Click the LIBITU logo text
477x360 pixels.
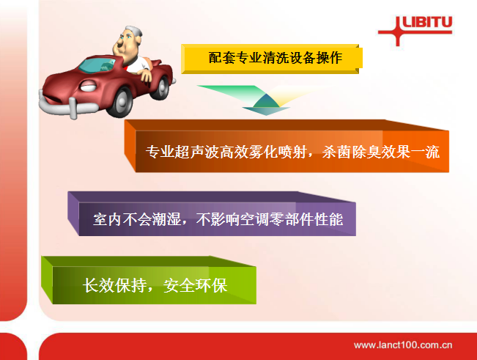tap(427, 22)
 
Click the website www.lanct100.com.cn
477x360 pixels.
tap(403, 345)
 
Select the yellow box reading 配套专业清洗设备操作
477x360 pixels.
tap(272, 59)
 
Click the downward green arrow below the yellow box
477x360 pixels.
tap(266, 100)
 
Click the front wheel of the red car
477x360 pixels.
tap(120, 102)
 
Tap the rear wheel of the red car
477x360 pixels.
tap(161, 87)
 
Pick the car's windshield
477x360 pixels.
tap(97, 65)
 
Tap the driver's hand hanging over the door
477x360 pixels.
tap(146, 75)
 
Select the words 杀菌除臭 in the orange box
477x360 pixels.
tap(352, 152)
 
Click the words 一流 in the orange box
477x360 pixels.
tap(425, 152)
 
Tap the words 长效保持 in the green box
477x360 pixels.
tap(114, 286)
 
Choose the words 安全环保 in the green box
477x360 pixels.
tap(196, 286)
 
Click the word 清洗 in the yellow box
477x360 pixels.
tap(276, 58)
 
